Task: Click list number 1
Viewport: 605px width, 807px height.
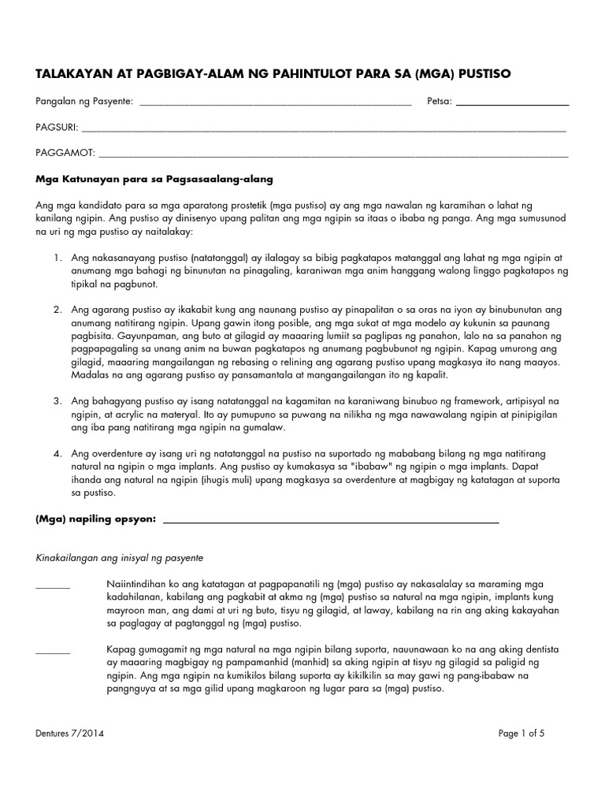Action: tap(58, 258)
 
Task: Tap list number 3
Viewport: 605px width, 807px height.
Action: tap(58, 402)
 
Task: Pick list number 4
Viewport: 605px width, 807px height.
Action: tap(58, 455)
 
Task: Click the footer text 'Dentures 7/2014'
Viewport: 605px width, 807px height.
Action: tap(70, 734)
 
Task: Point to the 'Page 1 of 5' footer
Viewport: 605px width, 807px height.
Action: tap(521, 734)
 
